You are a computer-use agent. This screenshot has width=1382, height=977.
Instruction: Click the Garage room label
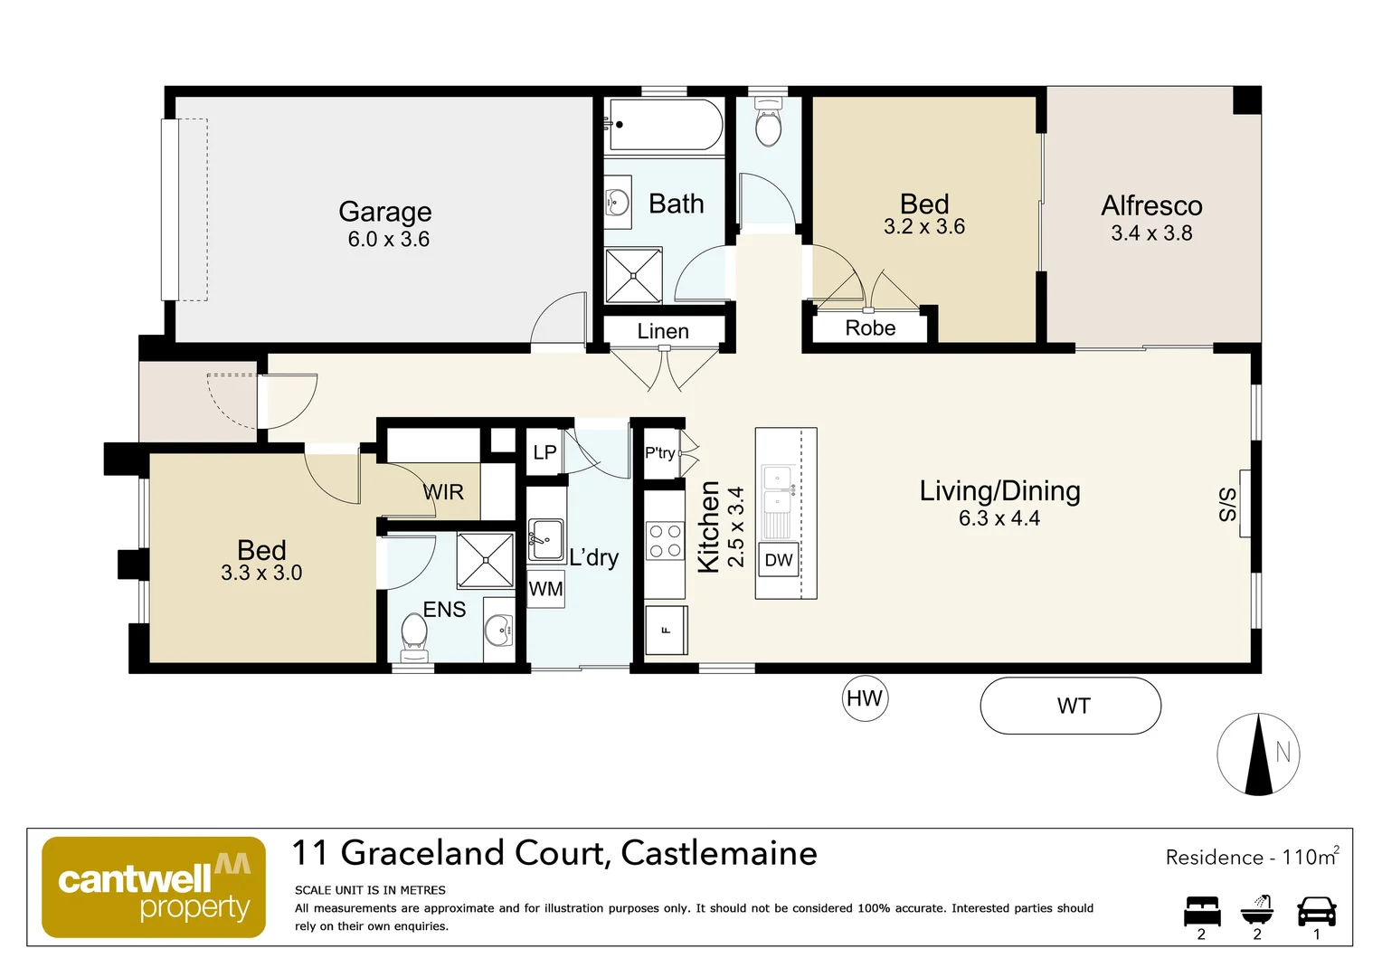coord(384,212)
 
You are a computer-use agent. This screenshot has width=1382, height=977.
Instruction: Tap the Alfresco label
coord(1151,206)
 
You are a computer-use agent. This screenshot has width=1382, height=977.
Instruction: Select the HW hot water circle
coord(865,698)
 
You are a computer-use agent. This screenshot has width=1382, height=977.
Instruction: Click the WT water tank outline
coord(1071,706)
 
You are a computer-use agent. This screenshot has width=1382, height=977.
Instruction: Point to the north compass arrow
coord(1258,754)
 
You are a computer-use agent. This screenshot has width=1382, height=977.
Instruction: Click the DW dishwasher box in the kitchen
coord(778,560)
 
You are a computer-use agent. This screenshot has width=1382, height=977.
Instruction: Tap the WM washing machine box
coord(545,589)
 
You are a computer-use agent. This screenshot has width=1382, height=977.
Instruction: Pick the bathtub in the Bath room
coord(667,124)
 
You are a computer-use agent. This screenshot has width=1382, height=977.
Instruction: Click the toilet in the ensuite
coord(413,632)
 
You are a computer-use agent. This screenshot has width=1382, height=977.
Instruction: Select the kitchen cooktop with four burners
coord(664,541)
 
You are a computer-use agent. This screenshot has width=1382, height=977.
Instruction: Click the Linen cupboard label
coord(663,331)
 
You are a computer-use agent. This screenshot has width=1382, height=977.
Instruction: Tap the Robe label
coord(870,328)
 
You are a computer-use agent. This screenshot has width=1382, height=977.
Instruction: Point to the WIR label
coord(443,492)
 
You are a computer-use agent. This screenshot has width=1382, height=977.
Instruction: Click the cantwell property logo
coord(154,887)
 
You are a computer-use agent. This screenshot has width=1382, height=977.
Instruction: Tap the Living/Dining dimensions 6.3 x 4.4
coord(999,518)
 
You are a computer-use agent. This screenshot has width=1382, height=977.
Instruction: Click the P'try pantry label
coord(659,452)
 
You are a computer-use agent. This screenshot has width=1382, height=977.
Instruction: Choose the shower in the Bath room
coord(633,275)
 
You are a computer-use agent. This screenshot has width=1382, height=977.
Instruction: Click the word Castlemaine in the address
coord(719,853)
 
